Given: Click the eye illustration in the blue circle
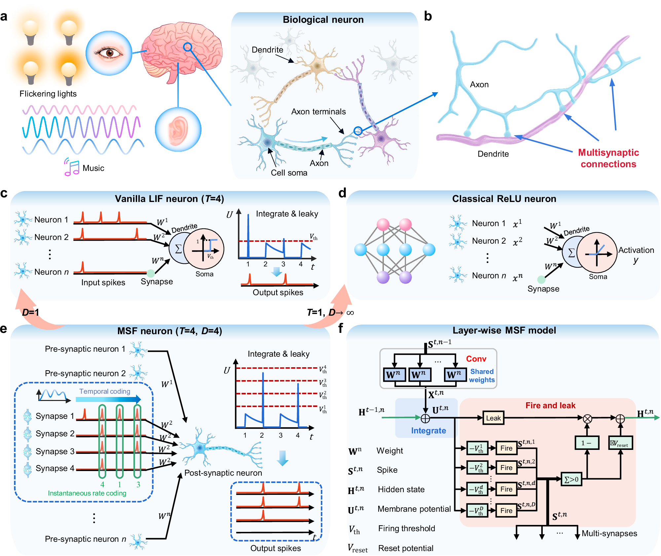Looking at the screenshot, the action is pyautogui.click(x=109, y=53).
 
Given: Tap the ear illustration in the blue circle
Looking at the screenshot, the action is pyautogui.click(x=178, y=129).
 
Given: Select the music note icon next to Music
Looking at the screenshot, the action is pyautogui.click(x=71, y=167).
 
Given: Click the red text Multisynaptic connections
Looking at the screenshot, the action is pyautogui.click(x=608, y=158).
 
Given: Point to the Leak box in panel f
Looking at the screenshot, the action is pyautogui.click(x=493, y=418).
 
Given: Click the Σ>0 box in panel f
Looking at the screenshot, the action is pyautogui.click(x=571, y=479).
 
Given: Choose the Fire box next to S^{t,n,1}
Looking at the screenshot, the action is pyautogui.click(x=506, y=448).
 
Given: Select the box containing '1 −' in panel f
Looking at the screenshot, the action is pyautogui.click(x=587, y=443).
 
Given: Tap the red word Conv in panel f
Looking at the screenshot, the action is pyautogui.click(x=476, y=359).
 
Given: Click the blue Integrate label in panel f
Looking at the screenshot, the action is pyautogui.click(x=428, y=430).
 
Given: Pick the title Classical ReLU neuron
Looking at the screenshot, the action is pyautogui.click(x=504, y=199).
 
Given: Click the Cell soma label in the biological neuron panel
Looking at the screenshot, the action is pyautogui.click(x=289, y=173).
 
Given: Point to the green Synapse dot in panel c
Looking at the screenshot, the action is pyautogui.click(x=151, y=273).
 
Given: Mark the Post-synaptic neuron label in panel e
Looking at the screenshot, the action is pyautogui.click(x=223, y=473).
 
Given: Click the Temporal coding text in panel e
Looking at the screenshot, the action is pyautogui.click(x=105, y=391).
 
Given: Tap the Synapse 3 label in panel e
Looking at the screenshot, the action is pyautogui.click(x=55, y=451).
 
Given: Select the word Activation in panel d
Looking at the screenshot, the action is pyautogui.click(x=636, y=250).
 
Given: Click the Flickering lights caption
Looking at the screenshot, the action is pyautogui.click(x=48, y=94).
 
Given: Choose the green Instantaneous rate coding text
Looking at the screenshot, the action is pyautogui.click(x=87, y=493).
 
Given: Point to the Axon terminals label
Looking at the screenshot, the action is pyautogui.click(x=318, y=112).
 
